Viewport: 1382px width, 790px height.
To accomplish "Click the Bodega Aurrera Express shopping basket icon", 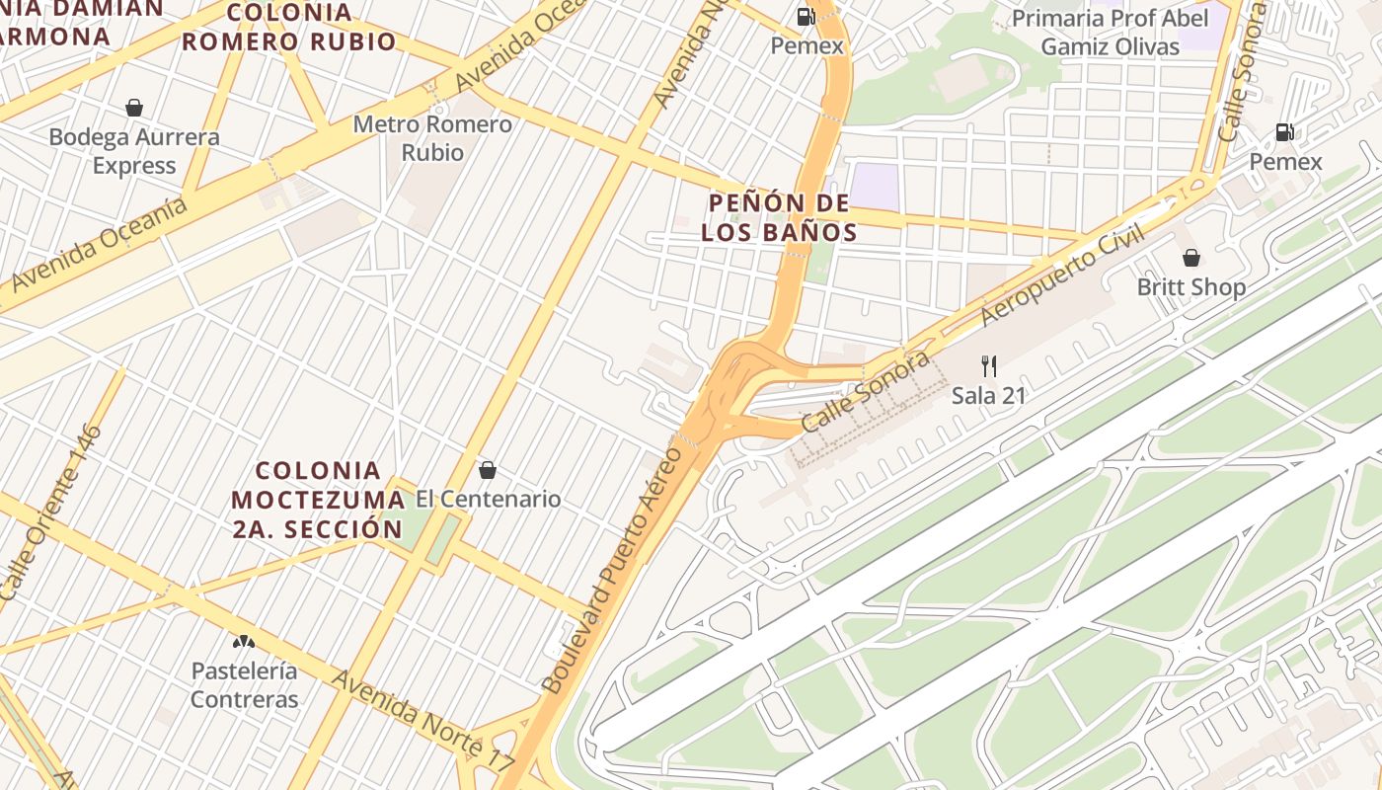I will click(x=134, y=108).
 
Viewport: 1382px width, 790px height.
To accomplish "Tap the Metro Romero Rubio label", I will click(x=432, y=138).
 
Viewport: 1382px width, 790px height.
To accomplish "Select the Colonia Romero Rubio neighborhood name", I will click(x=288, y=27).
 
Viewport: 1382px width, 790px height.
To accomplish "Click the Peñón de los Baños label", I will click(x=780, y=218).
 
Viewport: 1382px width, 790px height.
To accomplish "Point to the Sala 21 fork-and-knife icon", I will click(x=989, y=366).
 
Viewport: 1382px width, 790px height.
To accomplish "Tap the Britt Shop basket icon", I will click(x=1191, y=258).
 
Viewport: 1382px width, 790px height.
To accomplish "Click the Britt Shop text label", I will click(x=1191, y=287).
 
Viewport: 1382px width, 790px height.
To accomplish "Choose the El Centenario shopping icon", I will click(x=487, y=469).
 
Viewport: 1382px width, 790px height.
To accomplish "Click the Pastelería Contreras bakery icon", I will click(x=243, y=641).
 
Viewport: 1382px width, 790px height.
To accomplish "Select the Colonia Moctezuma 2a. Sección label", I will click(x=318, y=500).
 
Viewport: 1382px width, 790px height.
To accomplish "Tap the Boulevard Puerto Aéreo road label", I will click(x=612, y=570).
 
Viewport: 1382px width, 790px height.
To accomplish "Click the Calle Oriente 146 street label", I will click(x=50, y=513).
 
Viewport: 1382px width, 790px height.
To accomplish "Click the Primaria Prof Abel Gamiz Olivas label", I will click(x=1110, y=33).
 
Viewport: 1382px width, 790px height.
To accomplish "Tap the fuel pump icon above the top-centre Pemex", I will click(x=806, y=16).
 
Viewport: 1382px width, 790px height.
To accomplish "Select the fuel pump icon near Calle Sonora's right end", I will click(x=1284, y=132).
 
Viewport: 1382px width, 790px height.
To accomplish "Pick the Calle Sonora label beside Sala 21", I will click(x=865, y=391).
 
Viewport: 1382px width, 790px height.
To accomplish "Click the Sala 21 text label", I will click(x=989, y=396).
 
